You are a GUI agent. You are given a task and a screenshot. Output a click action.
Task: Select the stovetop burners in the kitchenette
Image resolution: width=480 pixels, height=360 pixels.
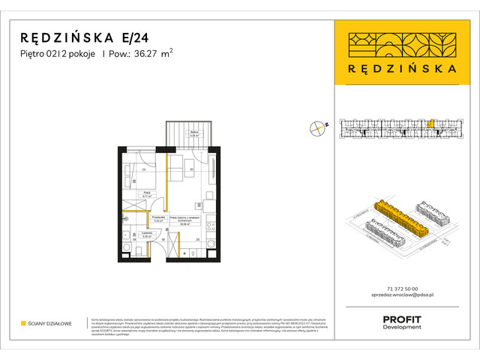click(x=212, y=225)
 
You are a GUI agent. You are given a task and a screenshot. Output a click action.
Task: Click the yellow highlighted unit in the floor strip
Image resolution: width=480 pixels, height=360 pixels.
click(x=431, y=124)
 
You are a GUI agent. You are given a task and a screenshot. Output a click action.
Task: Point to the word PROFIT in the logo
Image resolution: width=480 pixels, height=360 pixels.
click(x=401, y=320)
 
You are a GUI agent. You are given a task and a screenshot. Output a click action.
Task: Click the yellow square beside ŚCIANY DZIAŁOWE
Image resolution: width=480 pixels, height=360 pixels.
click(x=23, y=323)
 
